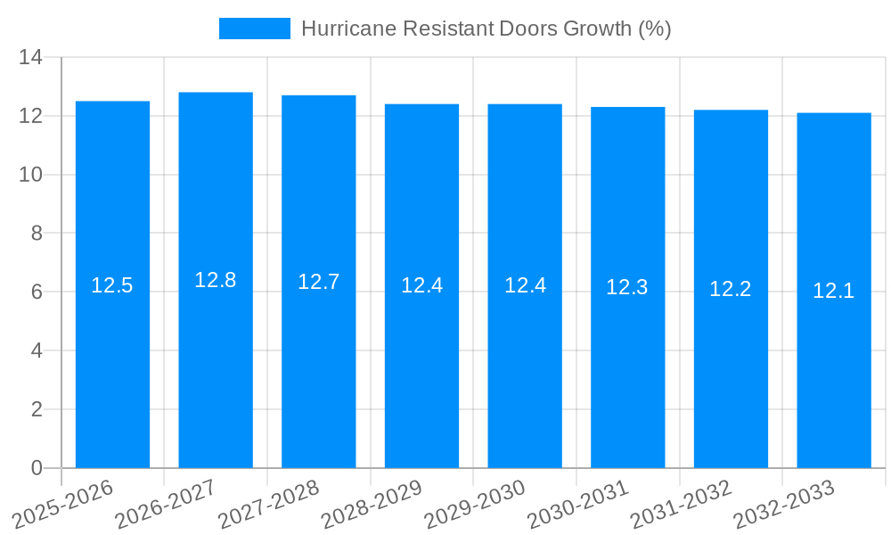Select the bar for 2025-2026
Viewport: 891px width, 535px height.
112,284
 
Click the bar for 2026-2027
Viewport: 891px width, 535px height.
216,280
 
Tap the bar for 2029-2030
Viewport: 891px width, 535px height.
525,285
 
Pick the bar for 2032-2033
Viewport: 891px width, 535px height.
834,290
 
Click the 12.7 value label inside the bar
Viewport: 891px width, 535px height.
318,282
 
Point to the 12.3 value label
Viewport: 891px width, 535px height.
627,287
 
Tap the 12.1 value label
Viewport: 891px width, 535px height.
834,291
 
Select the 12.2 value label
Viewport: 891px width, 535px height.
731,289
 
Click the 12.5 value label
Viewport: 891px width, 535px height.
112,285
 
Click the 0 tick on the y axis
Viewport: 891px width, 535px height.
37,468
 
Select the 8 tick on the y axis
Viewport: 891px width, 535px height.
37,234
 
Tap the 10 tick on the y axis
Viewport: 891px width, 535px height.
31,175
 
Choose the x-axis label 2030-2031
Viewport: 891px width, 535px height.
578,505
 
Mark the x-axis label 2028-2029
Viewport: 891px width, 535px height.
372,505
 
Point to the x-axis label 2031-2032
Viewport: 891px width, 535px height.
681,505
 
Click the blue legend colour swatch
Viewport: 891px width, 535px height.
255,29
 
